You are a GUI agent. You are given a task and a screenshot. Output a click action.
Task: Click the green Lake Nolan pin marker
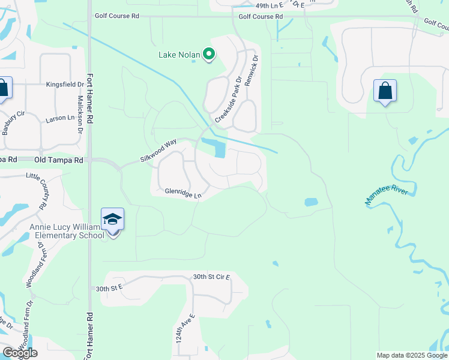point(209,55)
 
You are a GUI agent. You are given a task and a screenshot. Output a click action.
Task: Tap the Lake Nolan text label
point(178,55)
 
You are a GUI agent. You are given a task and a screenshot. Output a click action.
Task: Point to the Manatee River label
point(387,196)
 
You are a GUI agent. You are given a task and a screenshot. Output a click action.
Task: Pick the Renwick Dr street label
point(253,70)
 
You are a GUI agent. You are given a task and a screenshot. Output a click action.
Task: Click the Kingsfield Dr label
point(64,85)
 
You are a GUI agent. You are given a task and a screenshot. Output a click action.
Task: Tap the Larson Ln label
point(60,120)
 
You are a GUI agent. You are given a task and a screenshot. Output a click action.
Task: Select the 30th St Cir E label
point(211,277)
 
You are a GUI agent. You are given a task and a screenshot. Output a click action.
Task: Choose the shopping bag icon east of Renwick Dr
point(385,92)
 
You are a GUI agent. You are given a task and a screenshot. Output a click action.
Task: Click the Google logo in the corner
point(20,353)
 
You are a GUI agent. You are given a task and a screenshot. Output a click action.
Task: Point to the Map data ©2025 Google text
point(412,355)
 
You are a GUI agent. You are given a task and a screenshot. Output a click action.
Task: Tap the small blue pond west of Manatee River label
point(311,202)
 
